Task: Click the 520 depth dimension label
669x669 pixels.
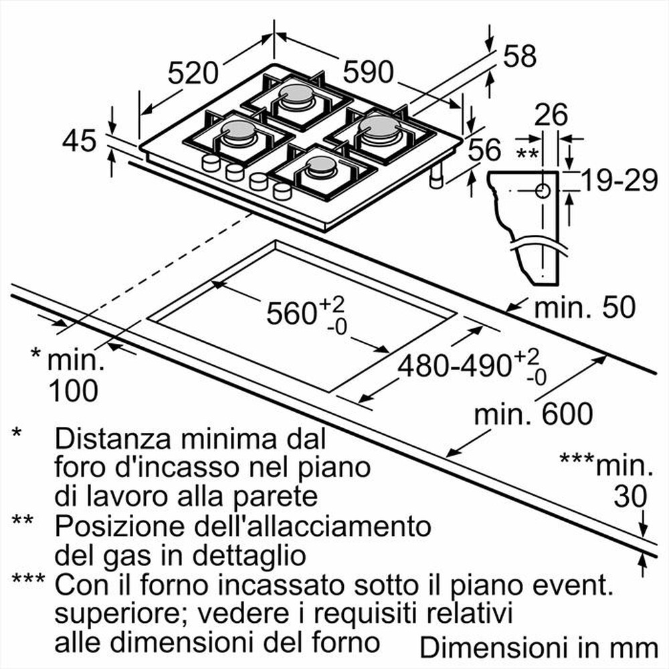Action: click(x=193, y=72)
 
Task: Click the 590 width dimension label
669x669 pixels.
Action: click(x=368, y=72)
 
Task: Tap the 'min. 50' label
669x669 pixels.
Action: click(x=583, y=308)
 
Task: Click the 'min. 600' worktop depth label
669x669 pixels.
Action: click(x=533, y=415)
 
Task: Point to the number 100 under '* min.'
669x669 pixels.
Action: click(x=73, y=390)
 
